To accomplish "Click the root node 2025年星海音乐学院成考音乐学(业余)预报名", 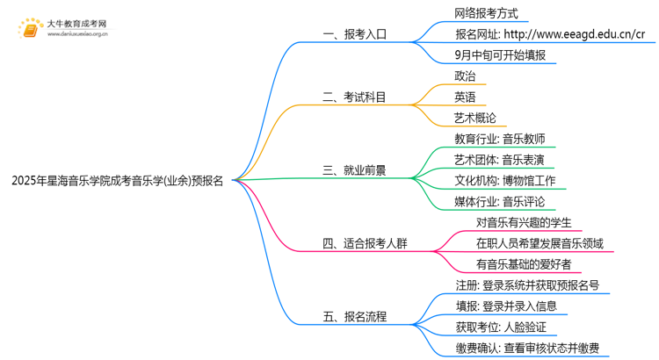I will tap(118, 181).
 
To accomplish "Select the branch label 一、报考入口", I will tap(354, 35).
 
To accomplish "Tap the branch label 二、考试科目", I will tap(354, 97).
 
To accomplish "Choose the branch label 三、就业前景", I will tap(354, 170).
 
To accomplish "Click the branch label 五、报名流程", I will tap(354, 316).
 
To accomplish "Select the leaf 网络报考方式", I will tap(486, 13).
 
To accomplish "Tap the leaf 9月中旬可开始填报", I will tap(500, 55).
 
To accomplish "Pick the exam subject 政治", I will tap(466, 76).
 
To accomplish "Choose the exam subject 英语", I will tap(466, 97).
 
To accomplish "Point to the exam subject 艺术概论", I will tap(475, 118).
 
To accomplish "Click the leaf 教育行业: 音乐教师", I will tap(500, 139).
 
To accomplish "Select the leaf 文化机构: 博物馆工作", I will tap(505, 181).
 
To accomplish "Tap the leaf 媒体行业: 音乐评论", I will tap(500, 202).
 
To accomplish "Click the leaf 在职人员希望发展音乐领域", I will tap(540, 243).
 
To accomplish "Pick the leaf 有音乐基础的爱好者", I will tap(524, 264).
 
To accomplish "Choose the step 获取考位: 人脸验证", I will tap(500, 328).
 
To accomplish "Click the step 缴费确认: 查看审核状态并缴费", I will tap(527, 349).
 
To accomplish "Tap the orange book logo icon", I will tap(31, 30).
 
